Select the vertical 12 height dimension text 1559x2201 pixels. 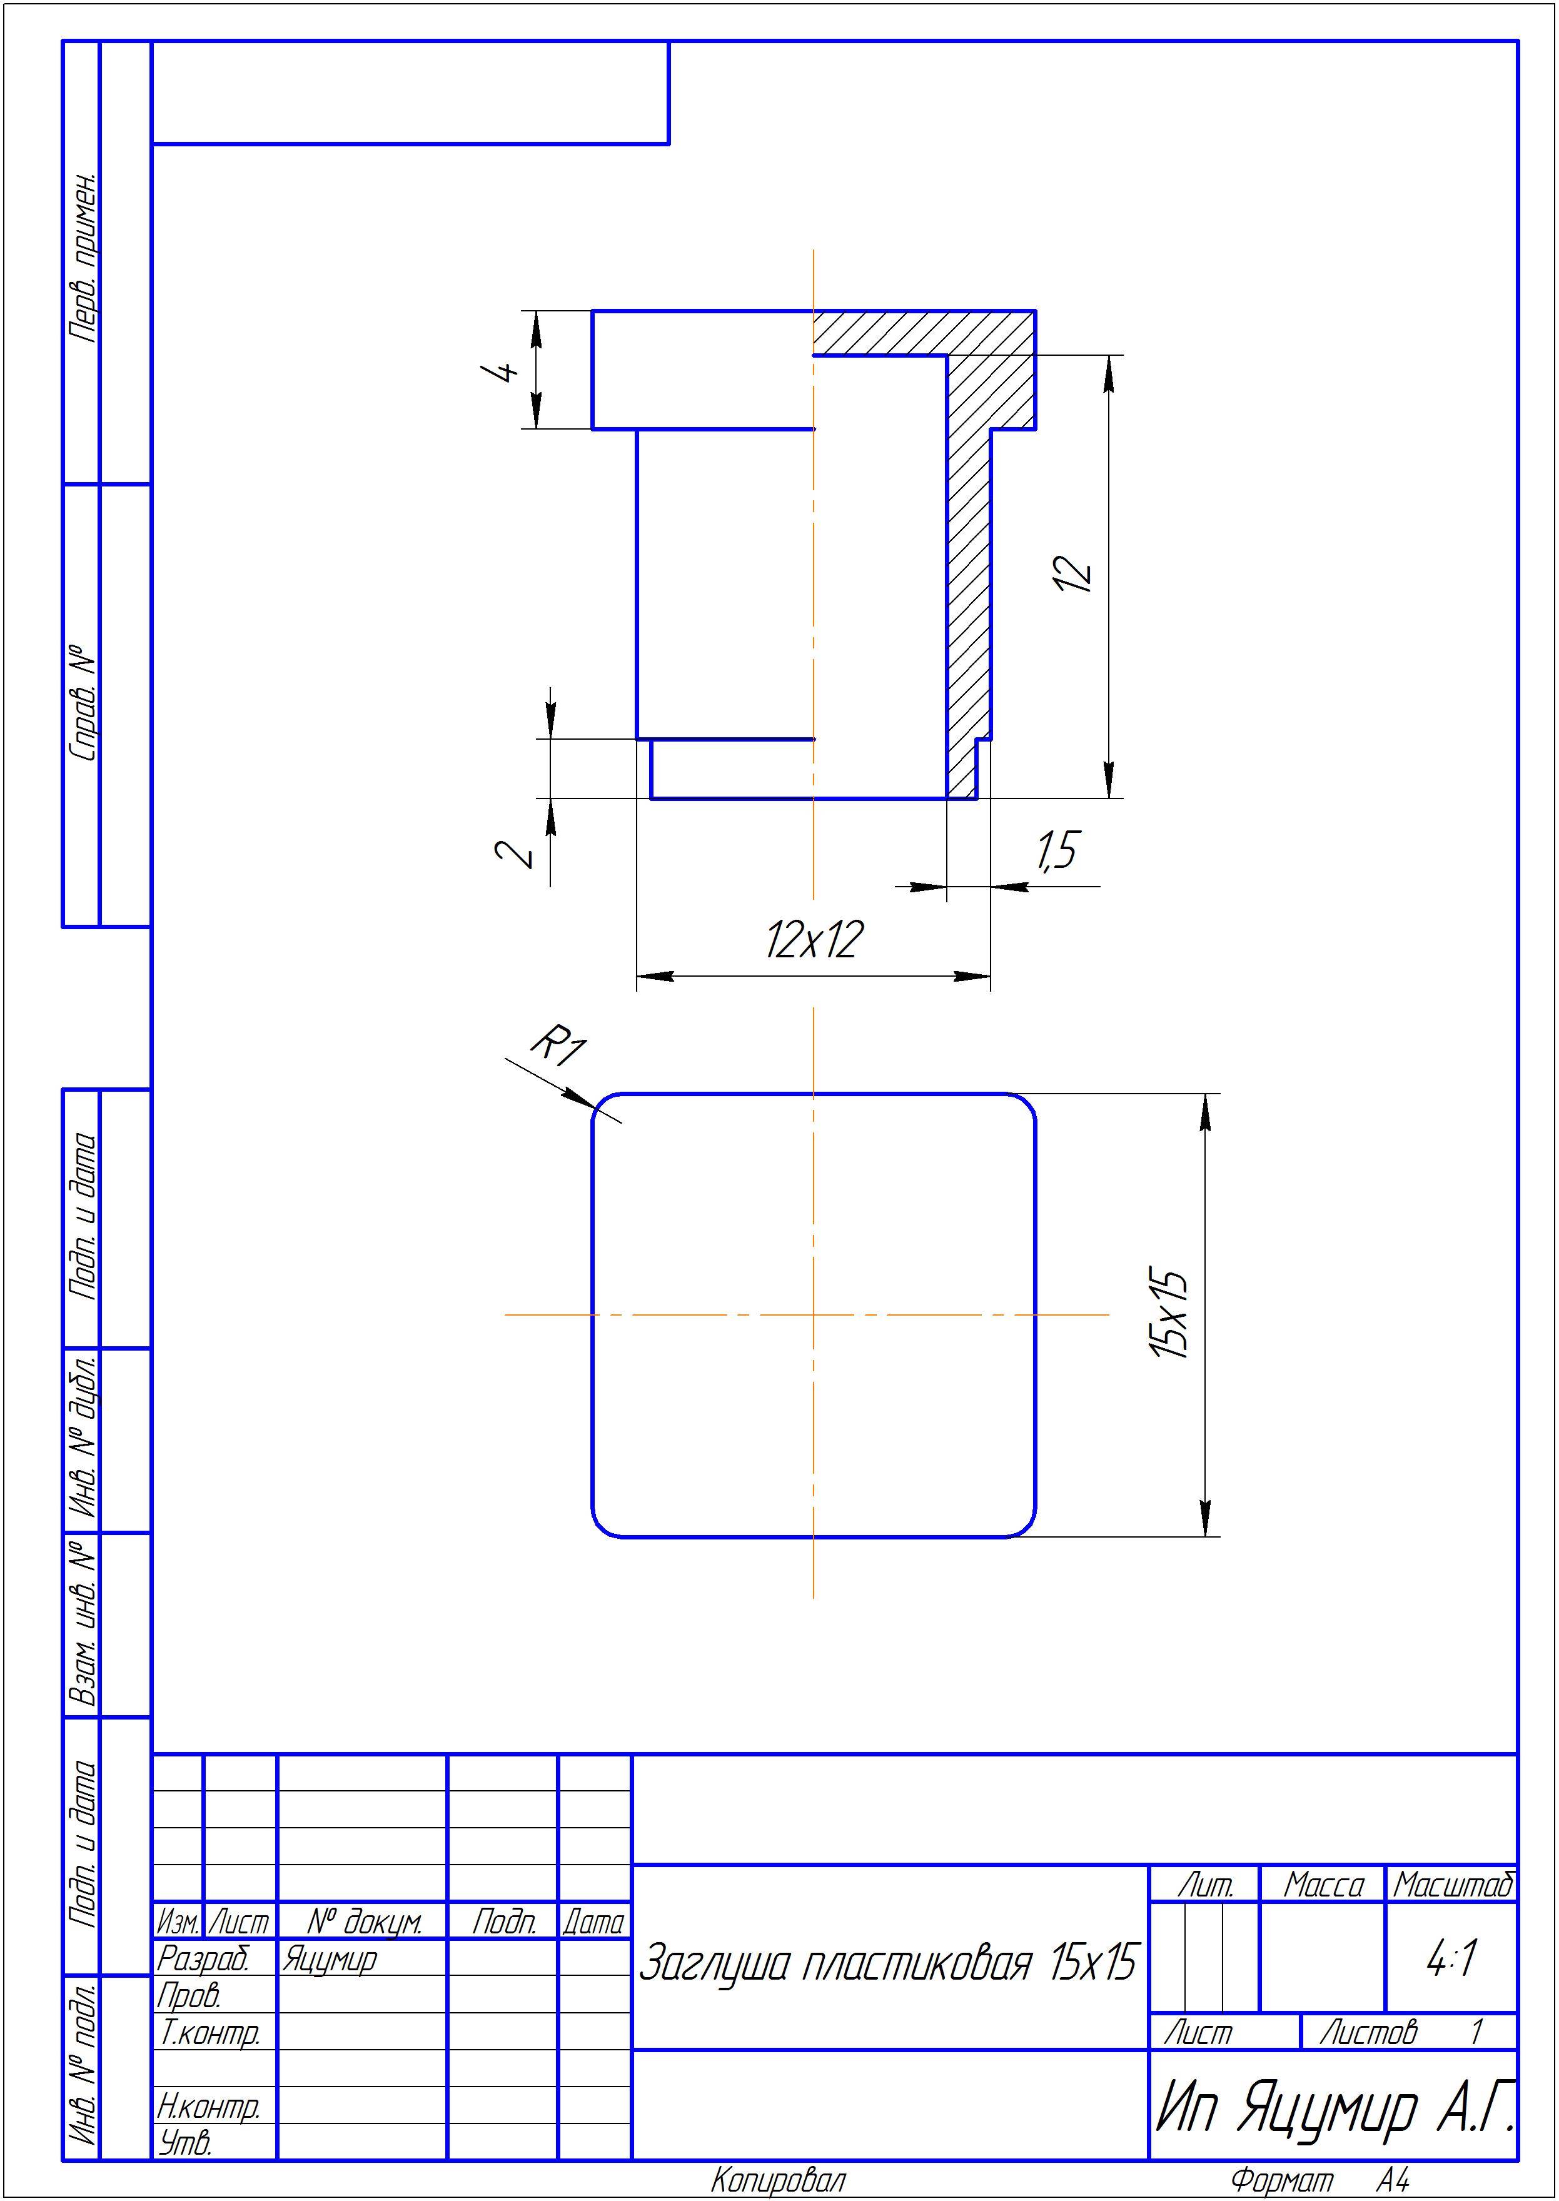coord(1073,573)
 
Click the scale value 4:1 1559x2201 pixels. coord(1451,1958)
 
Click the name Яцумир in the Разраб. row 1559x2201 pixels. coord(330,1959)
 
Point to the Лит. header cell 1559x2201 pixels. coord(1205,1886)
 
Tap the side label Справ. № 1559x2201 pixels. coord(84,703)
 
